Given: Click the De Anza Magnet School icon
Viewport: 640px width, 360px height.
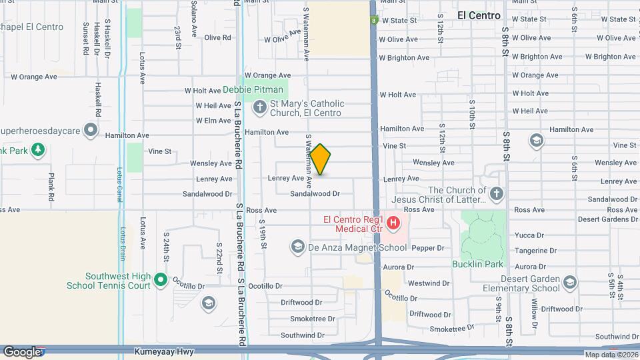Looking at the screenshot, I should [297, 247].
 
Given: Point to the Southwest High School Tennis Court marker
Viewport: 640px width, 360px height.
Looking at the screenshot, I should [160, 280].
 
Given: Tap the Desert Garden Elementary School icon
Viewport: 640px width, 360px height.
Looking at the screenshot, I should [569, 282].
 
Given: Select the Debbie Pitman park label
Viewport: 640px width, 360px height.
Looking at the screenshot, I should [253, 89].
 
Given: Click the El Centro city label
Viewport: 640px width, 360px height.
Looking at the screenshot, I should [479, 15].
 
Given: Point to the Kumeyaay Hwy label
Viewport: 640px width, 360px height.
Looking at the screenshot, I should [160, 351].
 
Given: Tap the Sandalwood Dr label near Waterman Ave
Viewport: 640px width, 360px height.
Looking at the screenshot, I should [315, 194].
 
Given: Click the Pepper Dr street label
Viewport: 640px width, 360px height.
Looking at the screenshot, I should [428, 248].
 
